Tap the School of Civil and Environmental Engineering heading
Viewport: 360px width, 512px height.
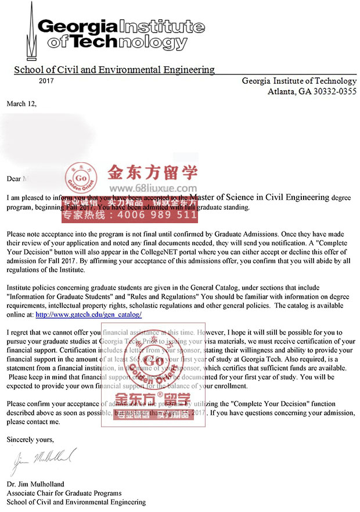[114, 70]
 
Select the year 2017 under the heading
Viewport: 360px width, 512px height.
[46, 81]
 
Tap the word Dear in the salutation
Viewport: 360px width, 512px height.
[14, 178]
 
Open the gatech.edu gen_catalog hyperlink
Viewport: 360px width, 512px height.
[88, 314]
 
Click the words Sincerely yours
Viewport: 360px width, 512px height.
[30, 439]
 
